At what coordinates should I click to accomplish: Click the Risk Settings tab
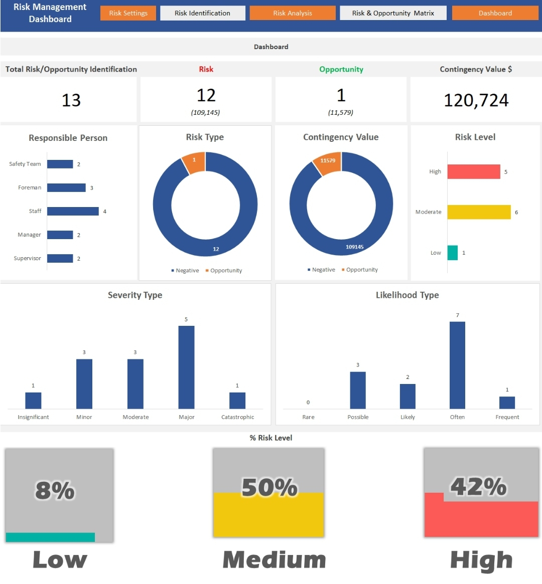128,13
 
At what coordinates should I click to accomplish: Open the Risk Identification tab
202,13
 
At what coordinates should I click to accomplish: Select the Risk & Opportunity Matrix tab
393,13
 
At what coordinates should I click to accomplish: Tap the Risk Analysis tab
293,13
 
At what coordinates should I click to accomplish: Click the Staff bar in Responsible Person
73,211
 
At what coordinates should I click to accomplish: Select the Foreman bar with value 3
66,187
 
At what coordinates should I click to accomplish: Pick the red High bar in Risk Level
474,171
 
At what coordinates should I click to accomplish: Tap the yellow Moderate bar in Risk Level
479,212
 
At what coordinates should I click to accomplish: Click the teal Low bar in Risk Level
452,253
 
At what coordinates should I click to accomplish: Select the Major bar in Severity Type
186,367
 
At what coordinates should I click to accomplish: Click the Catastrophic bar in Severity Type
237,400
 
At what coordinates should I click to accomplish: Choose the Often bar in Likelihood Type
457,365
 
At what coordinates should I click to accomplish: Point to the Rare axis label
308,417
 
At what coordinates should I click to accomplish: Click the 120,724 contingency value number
476,100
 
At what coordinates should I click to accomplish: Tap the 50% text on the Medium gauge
269,487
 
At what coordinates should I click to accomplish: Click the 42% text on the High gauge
478,486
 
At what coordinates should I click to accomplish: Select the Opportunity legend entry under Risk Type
226,271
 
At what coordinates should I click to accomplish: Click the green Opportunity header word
341,69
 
